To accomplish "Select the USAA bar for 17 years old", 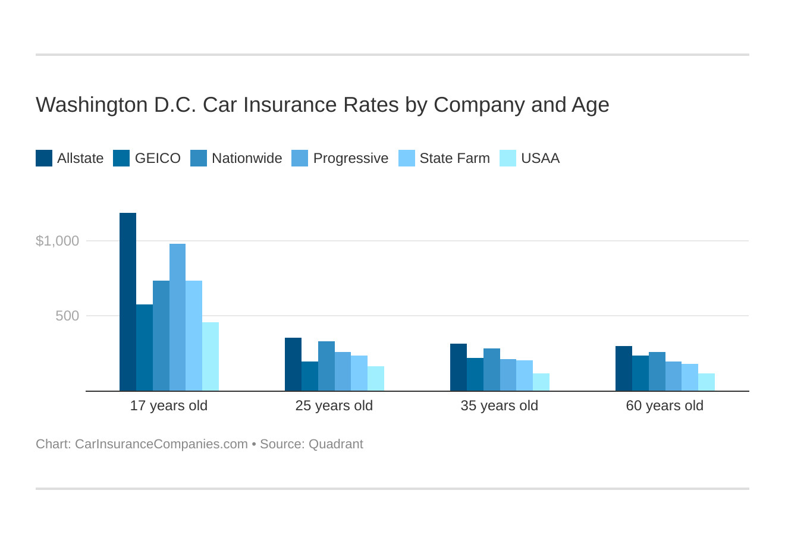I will click(211, 357).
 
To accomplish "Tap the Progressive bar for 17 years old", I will click(177, 317).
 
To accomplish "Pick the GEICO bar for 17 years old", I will click(145, 348).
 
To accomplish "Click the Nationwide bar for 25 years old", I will click(326, 366).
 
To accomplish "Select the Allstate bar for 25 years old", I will click(293, 364).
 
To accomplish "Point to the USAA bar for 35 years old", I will click(541, 382).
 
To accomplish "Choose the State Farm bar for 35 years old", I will click(525, 376).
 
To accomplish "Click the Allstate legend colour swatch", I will click(44, 158).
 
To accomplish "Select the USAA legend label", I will click(540, 158).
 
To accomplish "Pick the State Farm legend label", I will click(454, 158).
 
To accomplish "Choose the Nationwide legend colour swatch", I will click(199, 158).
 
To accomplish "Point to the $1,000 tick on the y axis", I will click(58, 241).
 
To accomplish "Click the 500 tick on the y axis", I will click(67, 316).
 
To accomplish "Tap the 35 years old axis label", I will click(499, 405).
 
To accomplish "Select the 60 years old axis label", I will click(664, 405).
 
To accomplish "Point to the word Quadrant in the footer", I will click(335, 444).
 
